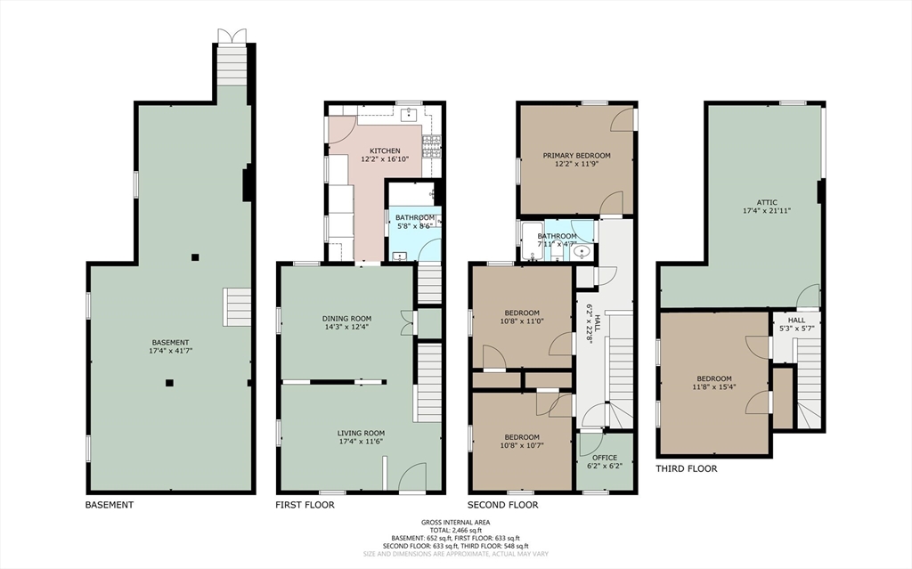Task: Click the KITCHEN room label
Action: [x=385, y=150]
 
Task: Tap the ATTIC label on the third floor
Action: [x=767, y=202]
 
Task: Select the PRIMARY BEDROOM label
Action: [x=576, y=155]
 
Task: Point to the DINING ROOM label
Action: [x=346, y=318]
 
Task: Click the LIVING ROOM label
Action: [x=362, y=433]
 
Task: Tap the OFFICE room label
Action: [x=605, y=458]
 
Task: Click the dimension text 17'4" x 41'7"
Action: [x=170, y=351]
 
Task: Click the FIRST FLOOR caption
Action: [x=305, y=505]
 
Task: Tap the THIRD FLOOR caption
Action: [x=687, y=468]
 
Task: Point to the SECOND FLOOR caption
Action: [x=503, y=505]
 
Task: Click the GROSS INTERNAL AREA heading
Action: [x=455, y=523]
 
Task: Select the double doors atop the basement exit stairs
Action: [x=232, y=36]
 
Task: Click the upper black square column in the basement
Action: [x=195, y=257]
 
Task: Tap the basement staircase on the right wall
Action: [x=237, y=307]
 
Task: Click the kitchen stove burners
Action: [x=432, y=147]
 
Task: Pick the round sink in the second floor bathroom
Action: [x=581, y=252]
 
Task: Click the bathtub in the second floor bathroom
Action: [x=532, y=241]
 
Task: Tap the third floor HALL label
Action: [x=796, y=320]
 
